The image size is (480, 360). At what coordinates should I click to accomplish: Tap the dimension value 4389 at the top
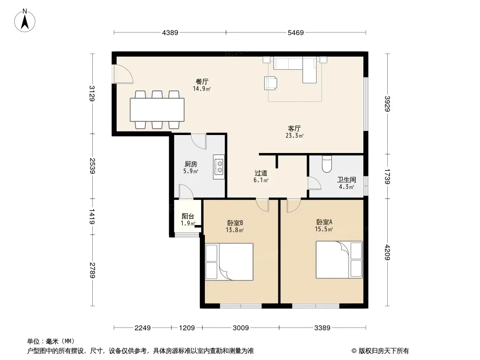[170, 33]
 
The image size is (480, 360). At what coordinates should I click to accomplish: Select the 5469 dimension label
[296, 33]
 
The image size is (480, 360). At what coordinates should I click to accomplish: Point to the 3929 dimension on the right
[388, 104]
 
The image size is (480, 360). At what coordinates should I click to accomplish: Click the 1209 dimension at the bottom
[187, 328]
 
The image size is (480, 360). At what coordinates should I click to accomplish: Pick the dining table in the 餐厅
[157, 109]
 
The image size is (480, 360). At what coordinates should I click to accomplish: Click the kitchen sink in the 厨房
[219, 167]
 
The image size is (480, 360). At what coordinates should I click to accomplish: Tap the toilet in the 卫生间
[327, 164]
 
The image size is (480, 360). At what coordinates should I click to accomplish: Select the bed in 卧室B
[229, 261]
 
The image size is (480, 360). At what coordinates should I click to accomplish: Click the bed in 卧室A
[339, 260]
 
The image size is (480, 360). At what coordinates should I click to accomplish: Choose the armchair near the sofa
[271, 83]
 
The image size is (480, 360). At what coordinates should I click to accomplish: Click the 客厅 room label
[294, 128]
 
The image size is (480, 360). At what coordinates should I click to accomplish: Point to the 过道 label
[261, 173]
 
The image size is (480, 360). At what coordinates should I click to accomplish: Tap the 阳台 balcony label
[188, 216]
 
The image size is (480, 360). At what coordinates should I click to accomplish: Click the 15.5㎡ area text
[324, 229]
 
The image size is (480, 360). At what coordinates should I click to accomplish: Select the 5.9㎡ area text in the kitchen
[191, 171]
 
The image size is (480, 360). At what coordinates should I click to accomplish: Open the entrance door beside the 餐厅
[123, 74]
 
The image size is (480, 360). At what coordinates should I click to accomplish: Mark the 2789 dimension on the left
[92, 270]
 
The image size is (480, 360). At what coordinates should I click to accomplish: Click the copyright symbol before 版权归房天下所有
[354, 351]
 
